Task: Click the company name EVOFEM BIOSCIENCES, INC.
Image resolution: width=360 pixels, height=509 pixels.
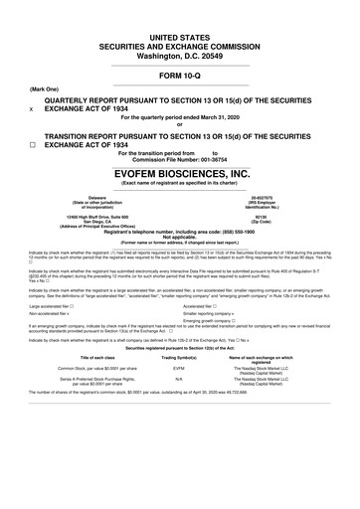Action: click(x=180, y=170)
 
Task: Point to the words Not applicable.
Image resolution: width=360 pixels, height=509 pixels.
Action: click(x=180, y=239)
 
